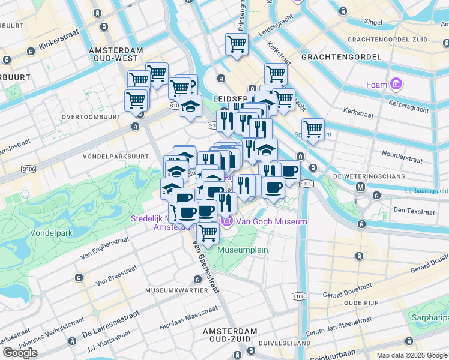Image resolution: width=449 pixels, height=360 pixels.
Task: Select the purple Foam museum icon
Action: (396, 84)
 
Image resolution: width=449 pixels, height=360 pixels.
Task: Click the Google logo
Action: (20, 353)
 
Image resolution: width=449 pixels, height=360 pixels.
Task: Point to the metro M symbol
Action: (361, 187)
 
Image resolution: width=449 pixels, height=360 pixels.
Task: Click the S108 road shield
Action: (298, 296)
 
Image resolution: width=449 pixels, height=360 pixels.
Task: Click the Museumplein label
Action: (243, 249)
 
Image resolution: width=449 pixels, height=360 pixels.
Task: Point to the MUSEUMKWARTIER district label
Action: (176, 290)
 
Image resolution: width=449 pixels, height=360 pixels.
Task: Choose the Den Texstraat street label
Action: (413, 211)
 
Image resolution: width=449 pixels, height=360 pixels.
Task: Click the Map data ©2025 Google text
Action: (411, 355)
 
